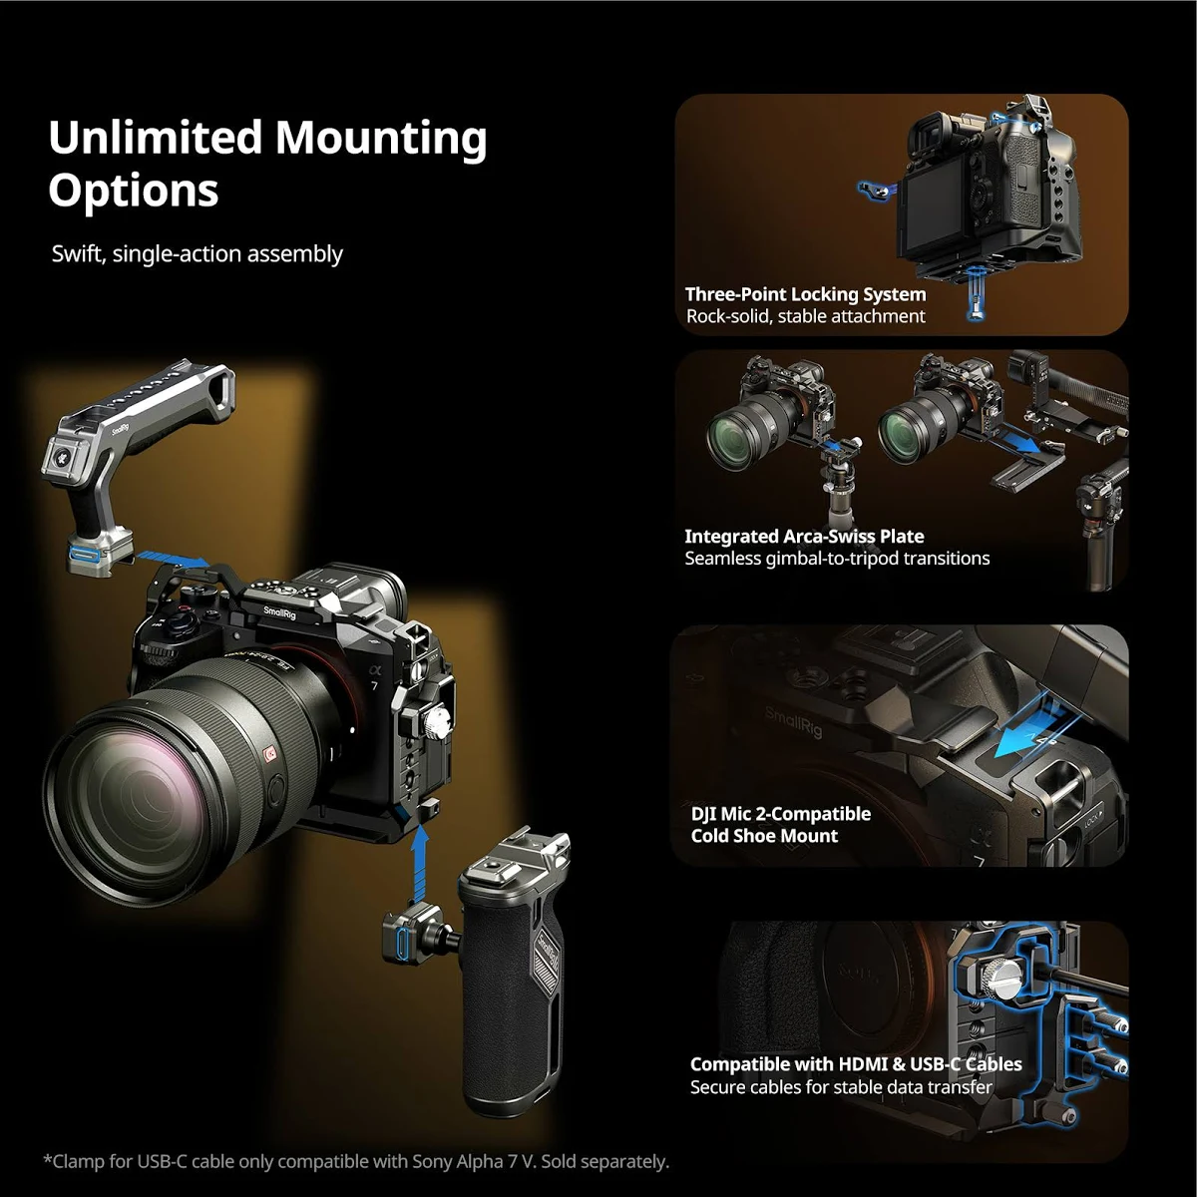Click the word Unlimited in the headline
[156, 137]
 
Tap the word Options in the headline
[134, 191]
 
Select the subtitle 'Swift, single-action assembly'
[197, 254]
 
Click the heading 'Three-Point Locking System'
[805, 294]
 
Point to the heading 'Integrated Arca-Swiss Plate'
[804, 536]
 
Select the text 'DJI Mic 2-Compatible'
[781, 814]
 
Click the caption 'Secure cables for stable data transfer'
[841, 1087]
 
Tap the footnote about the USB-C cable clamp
[356, 1162]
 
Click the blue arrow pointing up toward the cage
[421, 865]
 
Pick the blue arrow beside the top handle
[172, 559]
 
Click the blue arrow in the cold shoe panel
[1023, 735]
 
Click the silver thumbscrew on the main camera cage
[438, 723]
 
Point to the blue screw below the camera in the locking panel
[976, 295]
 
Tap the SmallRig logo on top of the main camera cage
[279, 612]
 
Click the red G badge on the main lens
[270, 754]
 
